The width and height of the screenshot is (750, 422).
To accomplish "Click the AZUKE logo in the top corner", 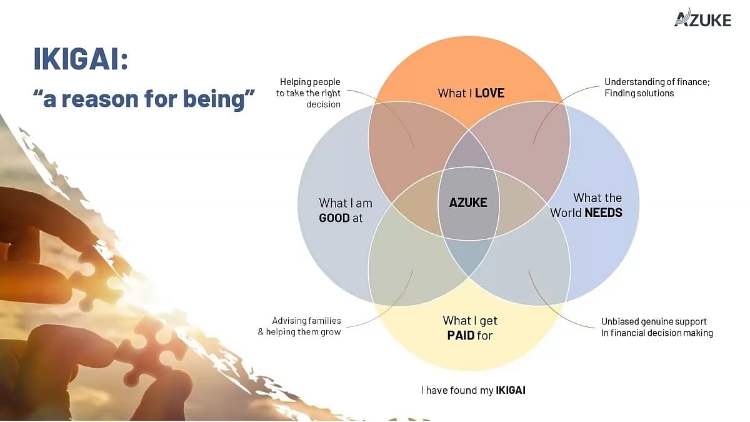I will (702, 19).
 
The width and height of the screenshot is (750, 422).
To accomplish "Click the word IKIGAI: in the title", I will (81, 61).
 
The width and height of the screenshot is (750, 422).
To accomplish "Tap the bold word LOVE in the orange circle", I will (489, 93).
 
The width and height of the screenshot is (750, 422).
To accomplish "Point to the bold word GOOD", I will (334, 218).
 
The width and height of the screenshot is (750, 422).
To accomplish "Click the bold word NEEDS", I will (603, 213).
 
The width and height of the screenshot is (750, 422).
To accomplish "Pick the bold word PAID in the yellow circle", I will (461, 335).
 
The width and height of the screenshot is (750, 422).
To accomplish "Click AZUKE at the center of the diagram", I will (468, 203).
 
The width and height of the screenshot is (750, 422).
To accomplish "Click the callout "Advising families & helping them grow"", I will (299, 326).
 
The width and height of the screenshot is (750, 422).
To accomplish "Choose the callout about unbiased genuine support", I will (656, 327).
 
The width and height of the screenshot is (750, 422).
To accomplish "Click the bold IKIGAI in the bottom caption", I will (510, 390).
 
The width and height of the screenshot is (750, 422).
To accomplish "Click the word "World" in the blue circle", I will (566, 213).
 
